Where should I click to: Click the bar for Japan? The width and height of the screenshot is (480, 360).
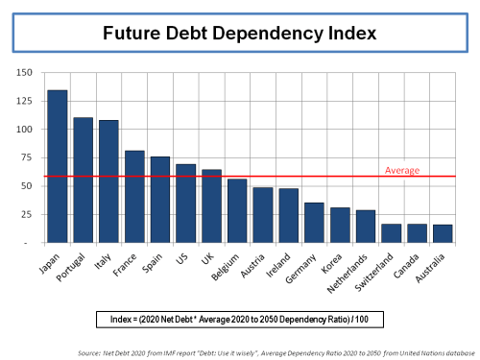tap(58, 167)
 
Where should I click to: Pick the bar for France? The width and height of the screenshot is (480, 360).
tap(134, 197)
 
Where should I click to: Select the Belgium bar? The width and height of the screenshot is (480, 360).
tap(237, 211)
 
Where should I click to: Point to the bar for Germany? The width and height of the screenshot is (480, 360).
tap(314, 223)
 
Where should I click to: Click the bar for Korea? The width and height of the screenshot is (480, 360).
tap(340, 226)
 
